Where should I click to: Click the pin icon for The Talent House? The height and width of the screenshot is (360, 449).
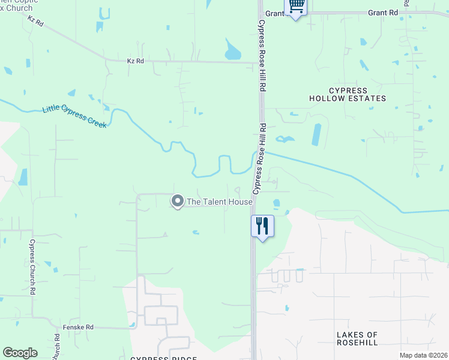click(x=178, y=201)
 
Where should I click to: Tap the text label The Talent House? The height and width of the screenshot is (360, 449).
click(x=219, y=202)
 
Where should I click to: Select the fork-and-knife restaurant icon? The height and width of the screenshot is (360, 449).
click(x=262, y=226)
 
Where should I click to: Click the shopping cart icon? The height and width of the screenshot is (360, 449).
click(x=296, y=6)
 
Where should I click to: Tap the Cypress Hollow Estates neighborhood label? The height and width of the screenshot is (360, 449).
click(x=348, y=94)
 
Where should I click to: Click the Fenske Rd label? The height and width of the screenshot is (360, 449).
click(x=79, y=328)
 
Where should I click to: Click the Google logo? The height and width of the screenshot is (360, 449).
click(x=20, y=353)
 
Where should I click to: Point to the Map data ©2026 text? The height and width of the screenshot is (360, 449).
click(x=423, y=355)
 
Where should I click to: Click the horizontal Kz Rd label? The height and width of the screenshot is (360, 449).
click(x=136, y=61)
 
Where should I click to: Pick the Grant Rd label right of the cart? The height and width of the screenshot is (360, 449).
click(x=383, y=12)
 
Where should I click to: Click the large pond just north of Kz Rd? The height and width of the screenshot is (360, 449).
click(x=232, y=50)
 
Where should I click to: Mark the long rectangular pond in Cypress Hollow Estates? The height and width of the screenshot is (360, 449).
click(x=316, y=134)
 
